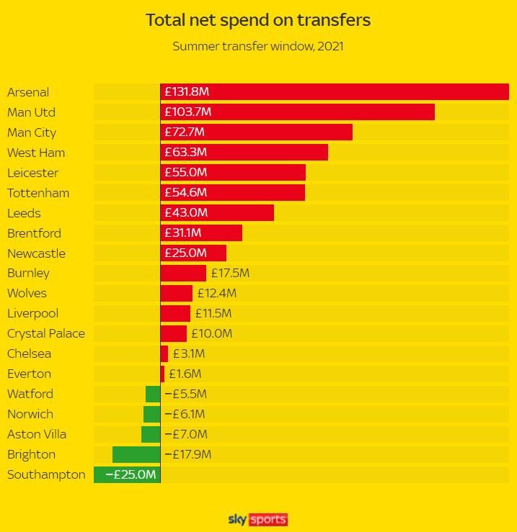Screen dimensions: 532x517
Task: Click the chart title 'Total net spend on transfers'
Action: tap(258, 20)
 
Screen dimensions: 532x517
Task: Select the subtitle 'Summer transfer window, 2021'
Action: tap(258, 47)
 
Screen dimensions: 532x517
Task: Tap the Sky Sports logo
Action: tap(258, 519)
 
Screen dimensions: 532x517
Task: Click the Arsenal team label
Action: tap(28, 92)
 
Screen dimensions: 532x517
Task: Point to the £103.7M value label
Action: tap(187, 112)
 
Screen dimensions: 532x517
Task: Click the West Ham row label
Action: tap(36, 153)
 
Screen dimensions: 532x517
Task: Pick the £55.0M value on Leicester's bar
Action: tap(185, 173)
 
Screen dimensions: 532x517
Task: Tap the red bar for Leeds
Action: tap(238, 213)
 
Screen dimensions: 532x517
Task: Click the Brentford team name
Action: tap(34, 233)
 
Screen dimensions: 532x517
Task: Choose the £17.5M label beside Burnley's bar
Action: tap(230, 274)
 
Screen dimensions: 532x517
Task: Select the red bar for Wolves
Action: tap(177, 294)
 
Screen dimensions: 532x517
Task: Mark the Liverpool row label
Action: tap(32, 314)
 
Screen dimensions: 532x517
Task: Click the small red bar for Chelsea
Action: tap(164, 354)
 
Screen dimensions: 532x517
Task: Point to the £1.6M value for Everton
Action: tap(185, 374)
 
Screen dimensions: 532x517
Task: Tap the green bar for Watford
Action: tap(153, 395)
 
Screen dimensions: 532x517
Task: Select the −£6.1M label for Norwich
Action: tap(185, 415)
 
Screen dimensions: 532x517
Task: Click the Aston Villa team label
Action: tap(37, 435)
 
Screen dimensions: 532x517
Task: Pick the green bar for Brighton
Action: tap(136, 455)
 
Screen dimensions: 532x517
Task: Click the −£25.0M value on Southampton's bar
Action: tap(131, 475)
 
